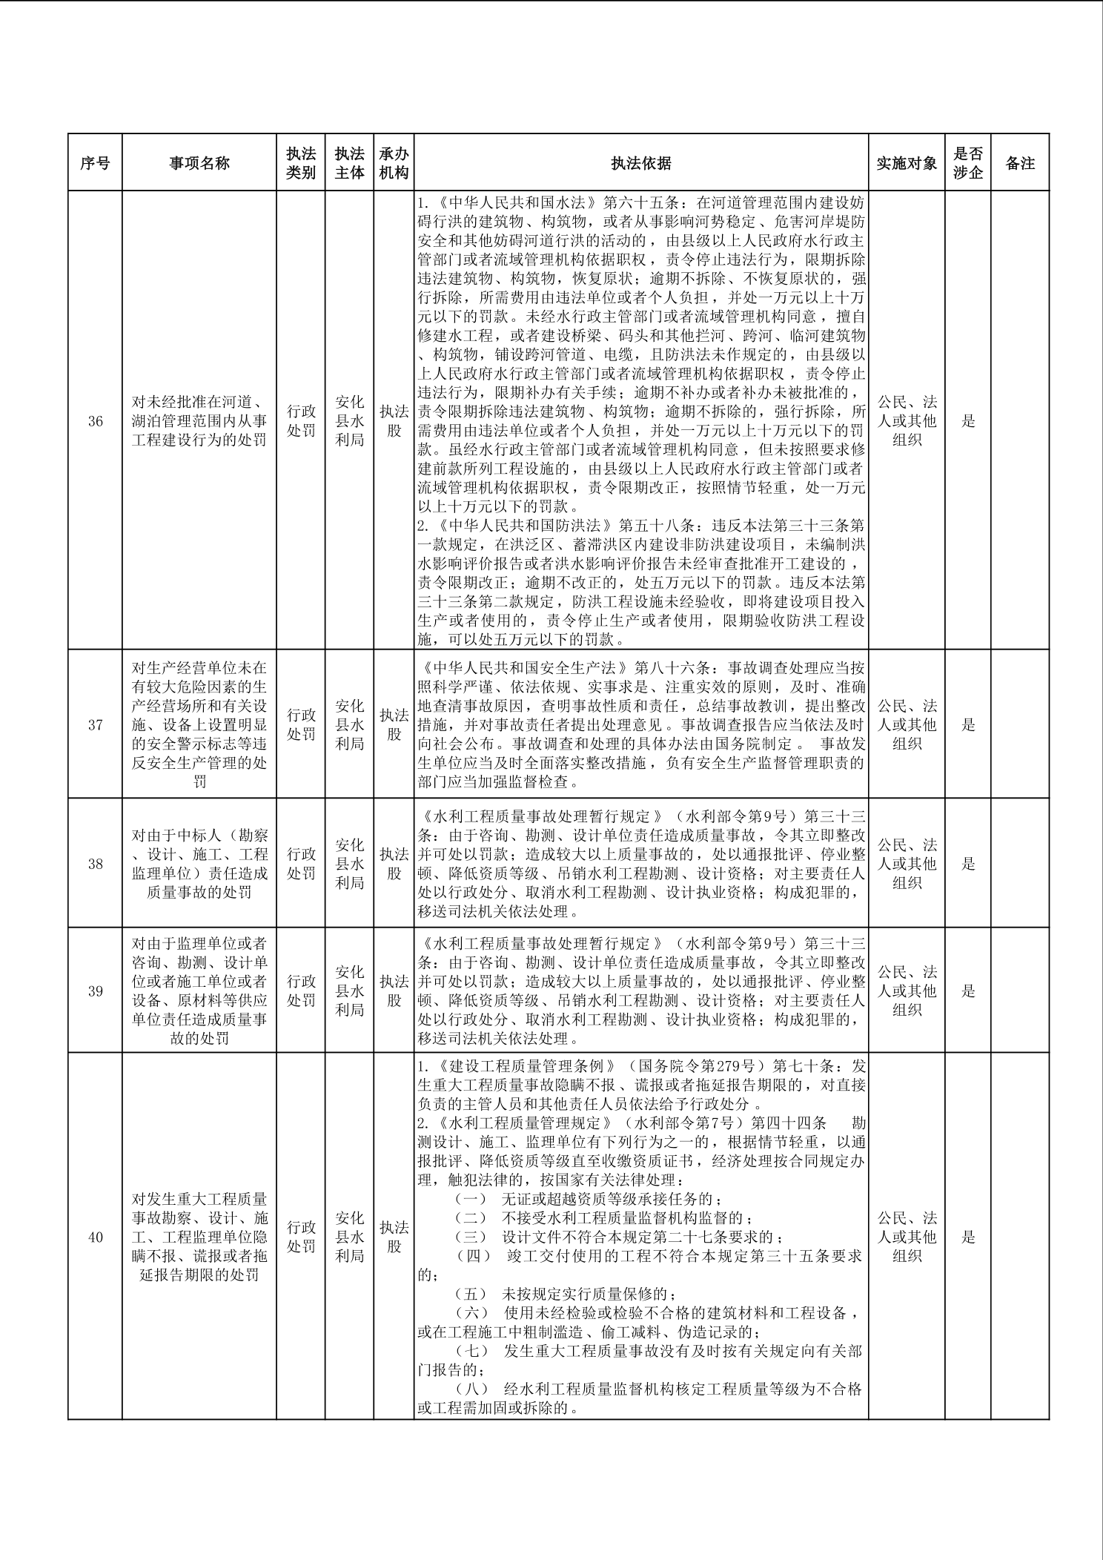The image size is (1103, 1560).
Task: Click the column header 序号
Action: point(95,163)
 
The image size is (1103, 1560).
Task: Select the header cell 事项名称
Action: point(199,163)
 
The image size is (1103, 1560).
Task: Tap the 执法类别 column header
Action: point(301,163)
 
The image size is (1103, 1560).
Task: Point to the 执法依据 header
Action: point(641,163)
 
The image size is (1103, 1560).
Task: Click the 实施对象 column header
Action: point(907,163)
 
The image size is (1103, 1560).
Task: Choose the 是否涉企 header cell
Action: point(968,163)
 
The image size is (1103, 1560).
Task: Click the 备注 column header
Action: point(1020,163)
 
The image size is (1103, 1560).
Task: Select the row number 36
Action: point(95,421)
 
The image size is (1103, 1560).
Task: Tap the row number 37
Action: point(95,724)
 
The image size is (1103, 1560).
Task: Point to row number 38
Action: point(95,864)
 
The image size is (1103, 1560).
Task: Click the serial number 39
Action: point(95,991)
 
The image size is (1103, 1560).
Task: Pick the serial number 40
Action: point(95,1237)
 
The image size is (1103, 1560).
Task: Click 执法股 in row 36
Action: point(394,421)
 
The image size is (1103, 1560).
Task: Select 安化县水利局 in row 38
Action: point(349,864)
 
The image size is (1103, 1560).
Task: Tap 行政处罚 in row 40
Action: point(301,1237)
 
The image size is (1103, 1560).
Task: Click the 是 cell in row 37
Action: point(968,724)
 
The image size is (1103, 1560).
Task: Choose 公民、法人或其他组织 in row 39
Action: point(907,991)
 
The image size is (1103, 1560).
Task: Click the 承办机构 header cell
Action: point(394,163)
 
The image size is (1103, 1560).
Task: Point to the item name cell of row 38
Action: point(199,864)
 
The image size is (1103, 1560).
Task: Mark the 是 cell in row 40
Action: point(968,1237)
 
